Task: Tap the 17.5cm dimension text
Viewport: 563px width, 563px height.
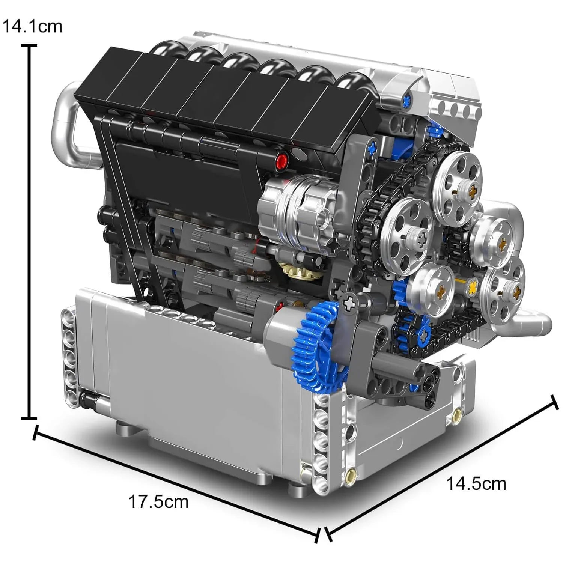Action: pos(158,502)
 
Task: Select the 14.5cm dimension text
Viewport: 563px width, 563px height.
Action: pos(476,484)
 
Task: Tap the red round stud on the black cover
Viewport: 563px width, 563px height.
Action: pos(281,161)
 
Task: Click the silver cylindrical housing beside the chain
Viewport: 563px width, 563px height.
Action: pos(300,210)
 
